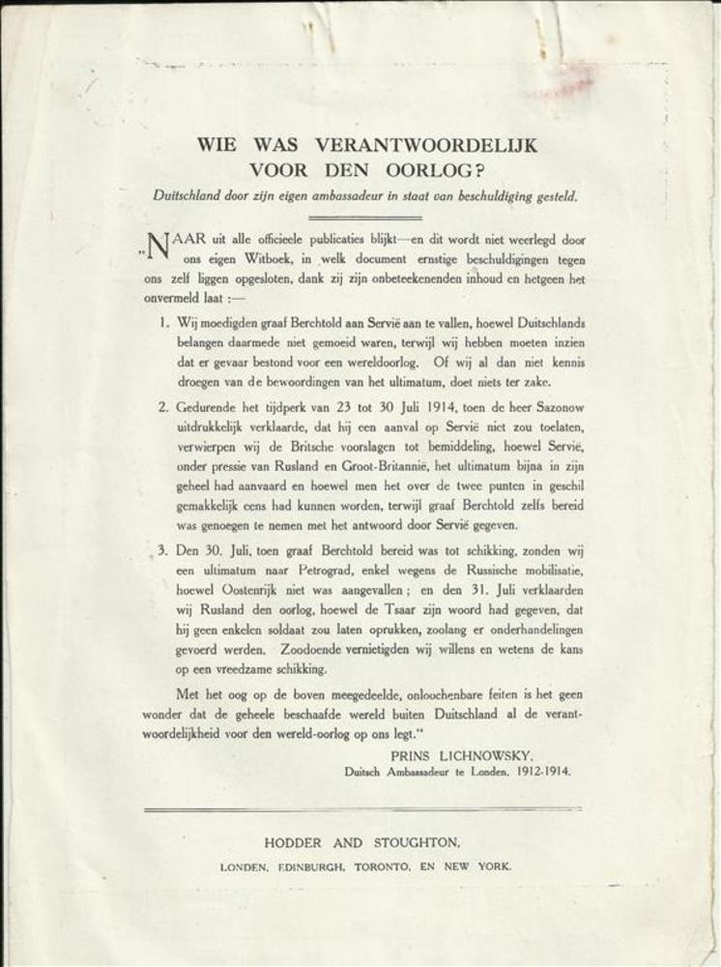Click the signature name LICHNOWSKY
click(x=498, y=753)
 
